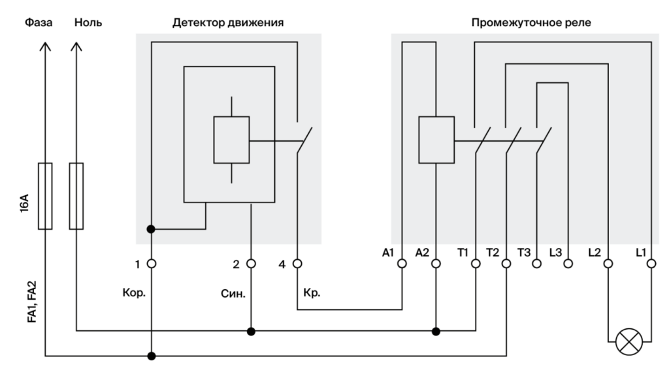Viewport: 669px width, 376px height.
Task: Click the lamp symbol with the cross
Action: click(630, 341)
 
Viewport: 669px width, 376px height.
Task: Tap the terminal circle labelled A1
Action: click(402, 264)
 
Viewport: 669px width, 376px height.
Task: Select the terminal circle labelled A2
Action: click(436, 264)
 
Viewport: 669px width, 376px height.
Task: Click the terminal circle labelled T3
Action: click(536, 264)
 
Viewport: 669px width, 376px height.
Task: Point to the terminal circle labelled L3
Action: click(568, 264)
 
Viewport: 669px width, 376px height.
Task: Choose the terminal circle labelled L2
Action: click(608, 264)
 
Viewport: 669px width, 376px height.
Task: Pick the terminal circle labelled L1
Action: click(651, 264)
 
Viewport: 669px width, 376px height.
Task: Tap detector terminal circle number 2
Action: click(251, 264)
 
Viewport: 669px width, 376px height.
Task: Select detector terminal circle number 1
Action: click(152, 264)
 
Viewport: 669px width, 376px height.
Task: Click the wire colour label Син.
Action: click(233, 293)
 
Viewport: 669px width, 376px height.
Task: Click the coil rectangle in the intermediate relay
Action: click(436, 140)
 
